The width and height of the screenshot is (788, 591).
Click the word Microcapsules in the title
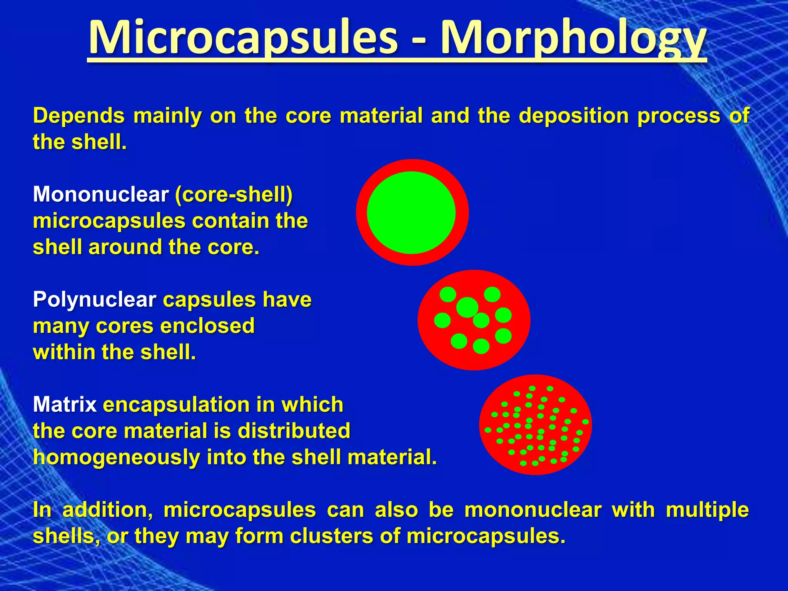(242, 38)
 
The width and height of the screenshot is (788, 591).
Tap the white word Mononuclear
(101, 194)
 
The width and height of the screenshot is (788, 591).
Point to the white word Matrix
(65, 405)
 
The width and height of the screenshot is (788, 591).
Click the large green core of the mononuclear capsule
(411, 213)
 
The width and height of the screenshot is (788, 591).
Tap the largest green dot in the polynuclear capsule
(467, 307)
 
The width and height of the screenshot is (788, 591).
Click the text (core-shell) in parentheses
(234, 194)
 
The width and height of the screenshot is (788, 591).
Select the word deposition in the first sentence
(574, 115)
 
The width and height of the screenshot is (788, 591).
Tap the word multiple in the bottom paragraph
(707, 510)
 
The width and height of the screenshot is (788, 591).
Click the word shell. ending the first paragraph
(99, 142)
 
